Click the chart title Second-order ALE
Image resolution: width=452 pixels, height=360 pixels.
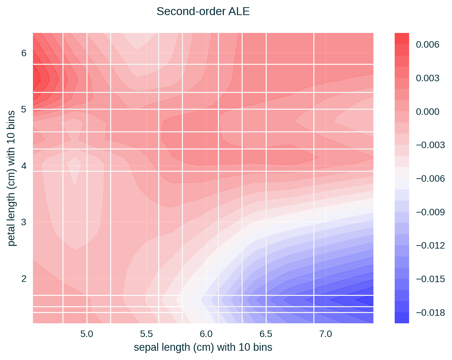[203, 12]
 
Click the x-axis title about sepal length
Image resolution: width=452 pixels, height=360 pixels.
[203, 347]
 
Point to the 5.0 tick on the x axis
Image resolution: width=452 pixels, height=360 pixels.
[87, 334]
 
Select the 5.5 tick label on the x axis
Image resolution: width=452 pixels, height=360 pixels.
[147, 334]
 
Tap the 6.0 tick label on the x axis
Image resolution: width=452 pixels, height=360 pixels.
[206, 334]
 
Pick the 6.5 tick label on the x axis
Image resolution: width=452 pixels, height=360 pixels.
[266, 334]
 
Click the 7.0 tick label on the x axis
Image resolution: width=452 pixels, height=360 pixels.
[325, 334]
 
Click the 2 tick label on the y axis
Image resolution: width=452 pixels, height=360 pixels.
[24, 278]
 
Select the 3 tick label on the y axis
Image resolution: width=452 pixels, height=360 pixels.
[24, 222]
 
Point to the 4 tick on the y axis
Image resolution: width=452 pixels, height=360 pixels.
[24, 166]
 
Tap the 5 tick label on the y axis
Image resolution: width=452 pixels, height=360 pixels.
[24, 109]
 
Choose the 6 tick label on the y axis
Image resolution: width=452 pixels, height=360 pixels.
[24, 53]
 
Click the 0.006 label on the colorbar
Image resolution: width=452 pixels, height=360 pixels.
[427, 45]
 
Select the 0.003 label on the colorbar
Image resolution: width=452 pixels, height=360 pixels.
[427, 78]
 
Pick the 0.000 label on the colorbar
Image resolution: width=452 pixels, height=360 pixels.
[427, 112]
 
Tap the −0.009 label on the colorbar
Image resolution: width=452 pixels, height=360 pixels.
[430, 212]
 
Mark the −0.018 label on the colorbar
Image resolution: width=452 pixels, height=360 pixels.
[430, 313]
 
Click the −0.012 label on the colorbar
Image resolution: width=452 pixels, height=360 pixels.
[430, 245]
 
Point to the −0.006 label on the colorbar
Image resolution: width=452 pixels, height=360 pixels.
[430, 179]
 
